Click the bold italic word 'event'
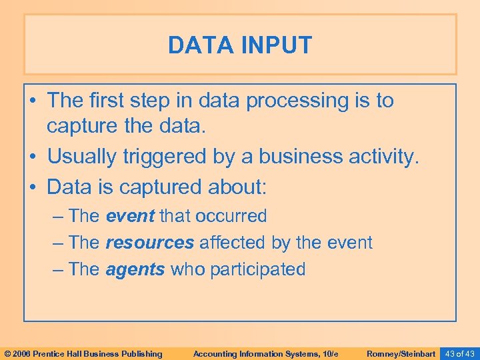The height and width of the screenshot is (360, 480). pyautogui.click(x=129, y=216)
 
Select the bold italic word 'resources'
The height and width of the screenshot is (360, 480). pyautogui.click(x=149, y=243)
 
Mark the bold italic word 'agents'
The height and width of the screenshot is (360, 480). pyautogui.click(x=135, y=269)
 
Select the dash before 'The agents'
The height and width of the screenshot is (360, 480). pyautogui.click(x=57, y=269)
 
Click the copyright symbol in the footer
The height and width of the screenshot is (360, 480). pyautogui.click(x=7, y=353)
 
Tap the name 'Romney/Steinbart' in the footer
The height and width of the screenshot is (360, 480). pyautogui.click(x=401, y=353)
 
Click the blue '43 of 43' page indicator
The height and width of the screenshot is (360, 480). pyautogui.click(x=460, y=353)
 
